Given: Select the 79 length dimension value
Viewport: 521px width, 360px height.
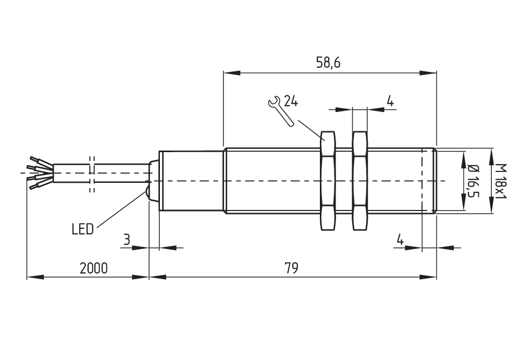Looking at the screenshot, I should coord(291,268).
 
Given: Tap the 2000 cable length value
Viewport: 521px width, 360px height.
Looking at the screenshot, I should coord(94,268).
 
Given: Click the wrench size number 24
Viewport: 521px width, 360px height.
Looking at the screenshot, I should coord(291,102).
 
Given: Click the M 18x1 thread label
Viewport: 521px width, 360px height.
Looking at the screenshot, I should coord(500,180).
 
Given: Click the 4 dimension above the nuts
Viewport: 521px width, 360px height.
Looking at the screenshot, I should coord(390,101).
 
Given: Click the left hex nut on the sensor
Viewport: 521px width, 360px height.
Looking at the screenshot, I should coord(327,180).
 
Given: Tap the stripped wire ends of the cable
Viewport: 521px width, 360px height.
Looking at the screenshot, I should coord(39,171).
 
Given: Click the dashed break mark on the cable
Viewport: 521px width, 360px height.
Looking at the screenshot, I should coord(92,173).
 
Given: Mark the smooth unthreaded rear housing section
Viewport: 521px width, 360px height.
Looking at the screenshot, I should coord(191,180).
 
